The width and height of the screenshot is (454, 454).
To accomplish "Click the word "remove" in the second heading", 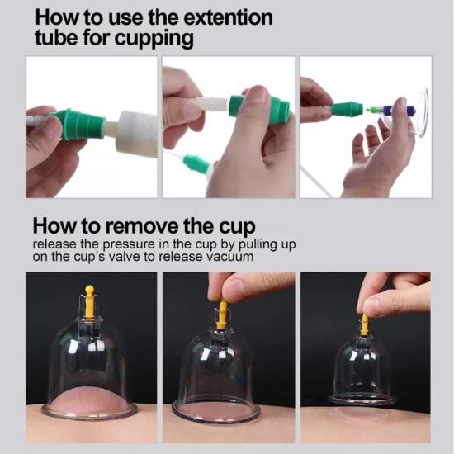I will click(142, 226).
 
